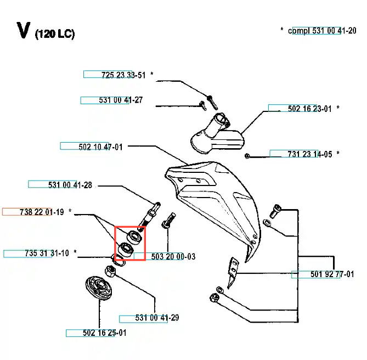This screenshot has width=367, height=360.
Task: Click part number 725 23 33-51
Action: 123,75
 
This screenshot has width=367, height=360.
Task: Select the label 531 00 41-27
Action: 121,100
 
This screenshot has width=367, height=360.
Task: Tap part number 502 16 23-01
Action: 309,109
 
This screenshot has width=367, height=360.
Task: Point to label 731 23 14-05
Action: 310,154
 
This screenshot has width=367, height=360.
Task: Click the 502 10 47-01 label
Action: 100,147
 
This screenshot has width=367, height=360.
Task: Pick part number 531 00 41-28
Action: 70,185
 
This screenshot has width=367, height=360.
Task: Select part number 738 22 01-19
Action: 42,212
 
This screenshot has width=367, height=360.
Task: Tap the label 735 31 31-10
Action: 47,253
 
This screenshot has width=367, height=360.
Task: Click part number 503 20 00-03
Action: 173,256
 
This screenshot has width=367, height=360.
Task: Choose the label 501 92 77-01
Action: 332,274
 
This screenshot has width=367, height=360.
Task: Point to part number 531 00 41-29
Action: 157,318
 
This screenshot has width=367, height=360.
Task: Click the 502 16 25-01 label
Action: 105,333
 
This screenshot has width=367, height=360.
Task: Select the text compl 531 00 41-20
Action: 322,31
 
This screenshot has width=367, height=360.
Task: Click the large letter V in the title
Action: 24,30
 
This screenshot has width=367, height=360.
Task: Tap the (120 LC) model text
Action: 55,34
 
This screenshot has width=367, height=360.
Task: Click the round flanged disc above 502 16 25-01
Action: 99,288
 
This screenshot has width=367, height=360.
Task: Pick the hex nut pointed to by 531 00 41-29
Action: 110,271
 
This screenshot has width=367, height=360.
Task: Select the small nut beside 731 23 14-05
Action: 247,156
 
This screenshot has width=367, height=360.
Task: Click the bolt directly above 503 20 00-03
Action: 168,221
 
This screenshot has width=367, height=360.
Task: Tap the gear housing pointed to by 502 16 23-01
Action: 217,134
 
